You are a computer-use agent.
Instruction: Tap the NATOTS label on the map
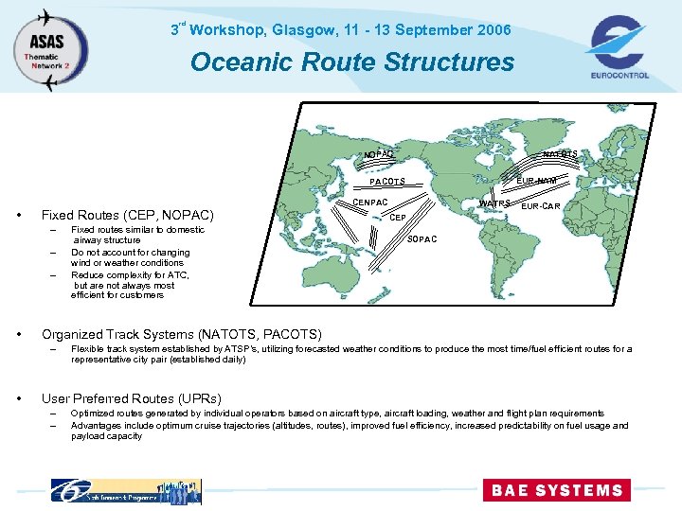point(560,154)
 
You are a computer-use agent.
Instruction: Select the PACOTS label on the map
point(387,182)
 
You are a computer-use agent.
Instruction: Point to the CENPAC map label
point(370,203)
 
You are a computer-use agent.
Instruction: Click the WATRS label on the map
point(494,203)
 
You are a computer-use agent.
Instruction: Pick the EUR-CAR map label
point(541,205)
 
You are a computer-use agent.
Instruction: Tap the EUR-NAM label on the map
point(536,180)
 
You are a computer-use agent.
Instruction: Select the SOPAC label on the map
point(422,239)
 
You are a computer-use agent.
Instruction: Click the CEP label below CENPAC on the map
point(399,217)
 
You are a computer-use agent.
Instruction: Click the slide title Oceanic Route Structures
point(352,62)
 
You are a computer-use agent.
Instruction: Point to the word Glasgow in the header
point(303,30)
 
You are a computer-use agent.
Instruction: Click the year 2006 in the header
point(494,30)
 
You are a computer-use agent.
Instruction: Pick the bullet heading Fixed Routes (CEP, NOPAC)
point(128,215)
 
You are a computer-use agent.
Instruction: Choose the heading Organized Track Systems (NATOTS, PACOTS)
point(182,334)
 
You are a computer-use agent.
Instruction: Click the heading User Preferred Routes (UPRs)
point(132,398)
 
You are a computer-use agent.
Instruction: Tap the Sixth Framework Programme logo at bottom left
point(126,491)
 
